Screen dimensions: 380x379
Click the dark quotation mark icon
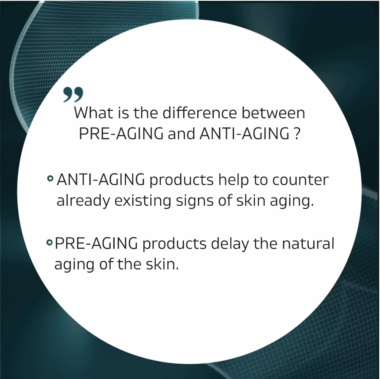pos(73,95)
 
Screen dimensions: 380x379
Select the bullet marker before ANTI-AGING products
pos(50,179)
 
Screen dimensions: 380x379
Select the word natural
pos(308,243)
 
